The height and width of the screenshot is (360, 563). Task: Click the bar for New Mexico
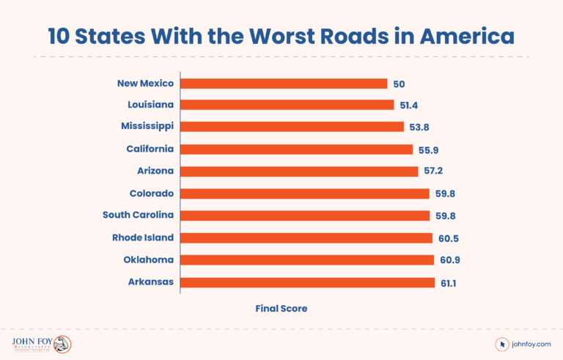[284, 84]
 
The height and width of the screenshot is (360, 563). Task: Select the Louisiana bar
[287, 105]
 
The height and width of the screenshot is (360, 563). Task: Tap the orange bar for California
[297, 149]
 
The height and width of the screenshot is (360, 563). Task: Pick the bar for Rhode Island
[306, 238]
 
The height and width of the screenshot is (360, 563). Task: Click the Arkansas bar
[308, 282]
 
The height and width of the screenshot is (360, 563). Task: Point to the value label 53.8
[419, 127]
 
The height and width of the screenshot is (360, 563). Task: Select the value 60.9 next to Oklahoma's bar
[449, 260]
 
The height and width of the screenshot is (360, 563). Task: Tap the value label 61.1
[449, 282]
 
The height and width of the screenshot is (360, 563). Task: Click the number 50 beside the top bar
[399, 84]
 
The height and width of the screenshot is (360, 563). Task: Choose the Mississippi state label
[147, 127]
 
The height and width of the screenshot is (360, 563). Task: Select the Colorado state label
[150, 194]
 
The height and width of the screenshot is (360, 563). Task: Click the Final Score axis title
[281, 309]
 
